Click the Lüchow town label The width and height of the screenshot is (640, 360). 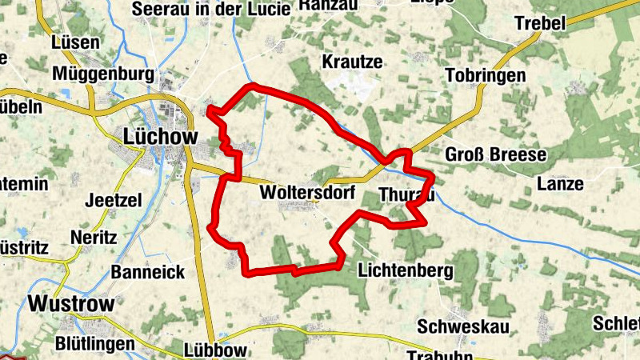pyautogui.click(x=161, y=137)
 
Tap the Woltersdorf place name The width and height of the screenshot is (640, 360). pyautogui.click(x=307, y=193)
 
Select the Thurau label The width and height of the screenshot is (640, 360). pyautogui.click(x=406, y=194)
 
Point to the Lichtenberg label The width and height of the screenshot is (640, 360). pyautogui.click(x=406, y=270)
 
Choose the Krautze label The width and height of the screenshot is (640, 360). pyautogui.click(x=352, y=62)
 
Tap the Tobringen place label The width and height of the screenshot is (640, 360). pyautogui.click(x=486, y=76)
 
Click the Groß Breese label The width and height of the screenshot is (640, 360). pyautogui.click(x=495, y=154)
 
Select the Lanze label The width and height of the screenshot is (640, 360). pyautogui.click(x=560, y=183)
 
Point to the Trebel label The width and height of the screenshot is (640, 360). pyautogui.click(x=540, y=23)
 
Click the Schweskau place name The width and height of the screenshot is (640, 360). pyautogui.click(x=463, y=326)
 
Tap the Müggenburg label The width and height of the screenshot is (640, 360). pyautogui.click(x=103, y=74)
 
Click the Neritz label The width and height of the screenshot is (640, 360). pyautogui.click(x=94, y=238)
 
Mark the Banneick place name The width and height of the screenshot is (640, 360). pyautogui.click(x=148, y=271)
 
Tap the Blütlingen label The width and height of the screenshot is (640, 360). pyautogui.click(x=94, y=343)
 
